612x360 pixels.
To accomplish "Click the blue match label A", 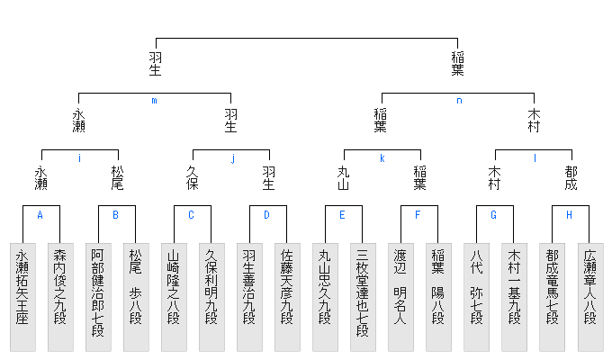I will (40, 215).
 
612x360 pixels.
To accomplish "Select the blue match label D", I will (267, 215).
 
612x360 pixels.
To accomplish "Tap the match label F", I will (418, 215).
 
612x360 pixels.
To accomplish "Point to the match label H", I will (570, 215).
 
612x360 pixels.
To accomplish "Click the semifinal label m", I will (154, 101).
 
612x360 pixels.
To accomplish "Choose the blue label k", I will (382, 158).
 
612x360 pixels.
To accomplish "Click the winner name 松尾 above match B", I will (117, 177).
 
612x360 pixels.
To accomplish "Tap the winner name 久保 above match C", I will (193, 177).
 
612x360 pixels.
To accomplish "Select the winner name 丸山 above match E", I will (344, 177).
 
